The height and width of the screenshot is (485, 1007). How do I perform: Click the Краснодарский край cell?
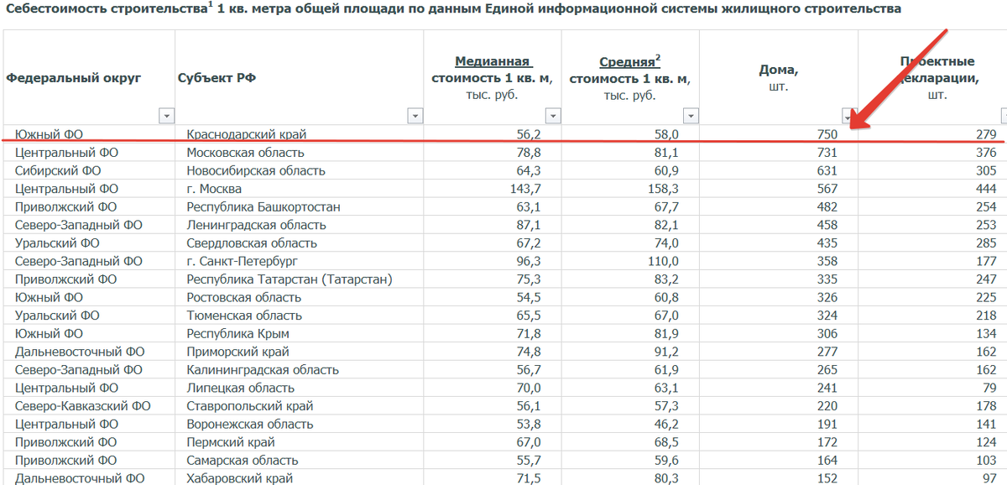tap(246, 134)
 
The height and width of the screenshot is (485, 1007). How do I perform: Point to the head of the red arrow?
tap(852, 126)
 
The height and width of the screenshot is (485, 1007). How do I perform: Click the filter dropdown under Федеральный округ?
tap(166, 115)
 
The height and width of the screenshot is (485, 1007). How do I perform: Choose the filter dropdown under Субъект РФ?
tap(415, 115)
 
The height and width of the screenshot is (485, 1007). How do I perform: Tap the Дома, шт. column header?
tap(778, 77)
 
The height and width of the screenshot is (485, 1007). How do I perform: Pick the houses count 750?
tap(827, 134)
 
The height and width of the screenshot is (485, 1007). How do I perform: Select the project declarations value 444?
tap(986, 189)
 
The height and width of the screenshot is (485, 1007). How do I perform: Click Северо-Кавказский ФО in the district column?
tap(82, 406)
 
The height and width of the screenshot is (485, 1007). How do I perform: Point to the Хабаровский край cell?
tap(239, 478)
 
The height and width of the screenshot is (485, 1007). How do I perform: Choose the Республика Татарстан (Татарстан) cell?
tap(289, 279)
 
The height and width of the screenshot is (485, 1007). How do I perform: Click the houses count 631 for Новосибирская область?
tap(827, 171)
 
